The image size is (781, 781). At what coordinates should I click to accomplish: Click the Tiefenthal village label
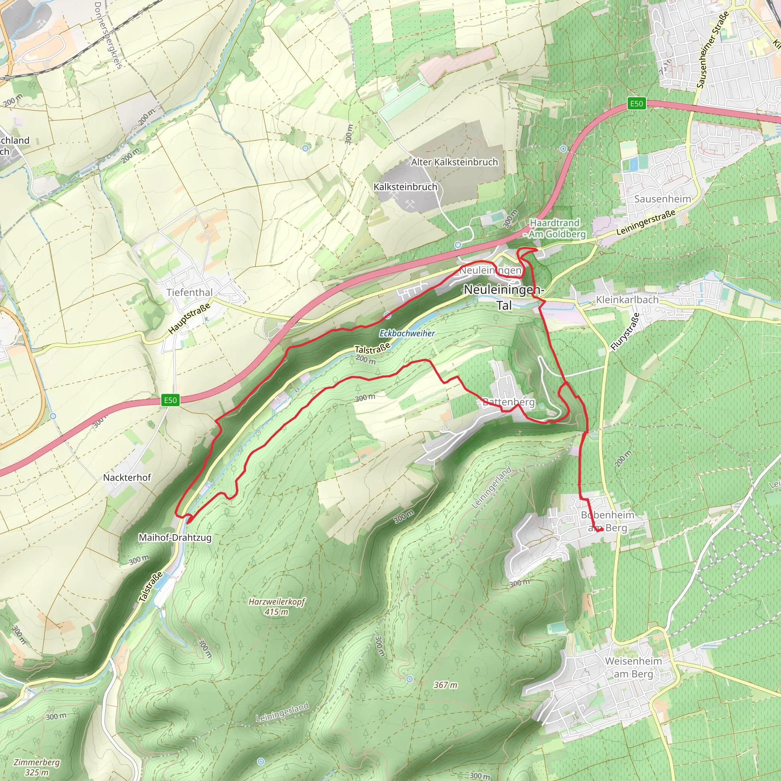(x=189, y=292)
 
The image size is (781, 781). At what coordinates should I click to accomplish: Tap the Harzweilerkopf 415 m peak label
(x=276, y=606)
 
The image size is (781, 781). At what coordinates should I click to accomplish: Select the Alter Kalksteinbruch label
(x=454, y=162)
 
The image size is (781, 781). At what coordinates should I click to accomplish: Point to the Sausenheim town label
(x=662, y=199)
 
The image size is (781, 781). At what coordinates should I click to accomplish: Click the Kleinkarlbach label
(x=627, y=299)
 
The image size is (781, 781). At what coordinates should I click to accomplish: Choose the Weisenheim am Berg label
(x=633, y=667)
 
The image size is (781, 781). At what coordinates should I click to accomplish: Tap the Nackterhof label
(x=127, y=477)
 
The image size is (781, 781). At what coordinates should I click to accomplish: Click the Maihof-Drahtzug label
(x=175, y=538)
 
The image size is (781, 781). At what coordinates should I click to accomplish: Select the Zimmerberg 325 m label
(x=36, y=767)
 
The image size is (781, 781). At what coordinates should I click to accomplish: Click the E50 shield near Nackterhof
(x=170, y=400)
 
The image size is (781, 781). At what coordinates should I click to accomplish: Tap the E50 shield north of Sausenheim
(x=636, y=103)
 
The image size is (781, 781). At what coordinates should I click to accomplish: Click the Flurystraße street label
(x=625, y=331)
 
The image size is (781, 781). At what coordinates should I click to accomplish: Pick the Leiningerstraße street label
(x=646, y=222)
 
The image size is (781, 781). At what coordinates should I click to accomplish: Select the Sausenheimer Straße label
(x=712, y=49)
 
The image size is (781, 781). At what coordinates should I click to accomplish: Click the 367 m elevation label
(x=445, y=685)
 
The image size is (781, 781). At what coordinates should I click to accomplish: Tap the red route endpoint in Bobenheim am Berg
(x=602, y=530)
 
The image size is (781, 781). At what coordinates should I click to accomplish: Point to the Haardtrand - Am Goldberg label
(x=554, y=228)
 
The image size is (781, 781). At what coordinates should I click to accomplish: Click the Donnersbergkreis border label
(x=108, y=35)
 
